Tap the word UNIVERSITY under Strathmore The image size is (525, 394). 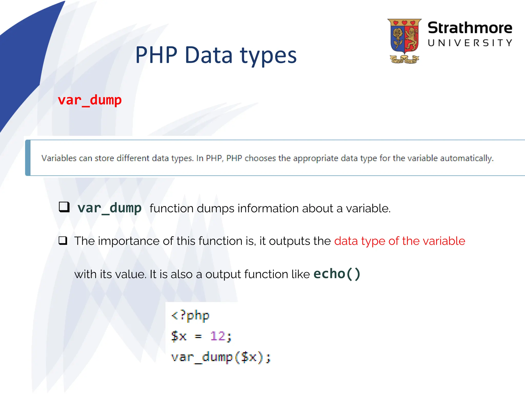point(470,43)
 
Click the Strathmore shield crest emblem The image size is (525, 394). point(404,41)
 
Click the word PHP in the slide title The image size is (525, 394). point(156,55)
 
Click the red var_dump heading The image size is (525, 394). point(89,100)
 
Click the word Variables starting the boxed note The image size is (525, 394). point(59,158)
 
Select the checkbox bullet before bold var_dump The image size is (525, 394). point(64,207)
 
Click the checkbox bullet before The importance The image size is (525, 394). point(63,241)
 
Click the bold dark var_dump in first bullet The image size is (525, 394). point(109,208)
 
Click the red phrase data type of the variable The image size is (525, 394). point(399,241)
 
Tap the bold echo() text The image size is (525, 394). point(337,274)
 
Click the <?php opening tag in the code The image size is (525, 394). point(190,316)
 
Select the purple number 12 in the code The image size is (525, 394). point(218,336)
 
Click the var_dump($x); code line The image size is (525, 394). point(221,357)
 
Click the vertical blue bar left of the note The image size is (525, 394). point(28,158)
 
